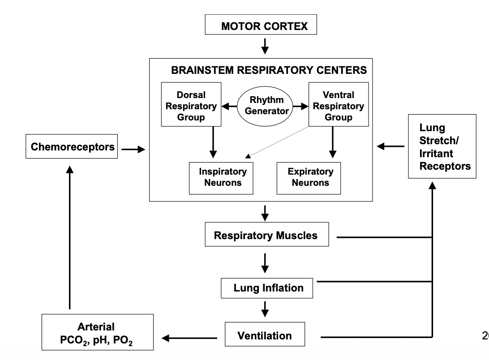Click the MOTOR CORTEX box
coord(261,26)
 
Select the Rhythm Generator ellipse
coord(267,106)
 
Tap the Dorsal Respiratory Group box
coord(191,106)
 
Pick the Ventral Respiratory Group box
coord(339,106)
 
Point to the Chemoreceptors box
coord(72,147)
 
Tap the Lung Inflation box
coord(267,288)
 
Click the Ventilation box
coord(265,335)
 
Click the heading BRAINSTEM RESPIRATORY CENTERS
coord(269,70)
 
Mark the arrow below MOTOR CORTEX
coord(265,45)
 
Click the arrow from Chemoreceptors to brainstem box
coord(133,150)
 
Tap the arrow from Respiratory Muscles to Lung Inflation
coord(265,262)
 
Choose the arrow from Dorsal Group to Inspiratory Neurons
coord(213,142)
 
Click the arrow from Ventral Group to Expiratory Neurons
coord(332,142)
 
